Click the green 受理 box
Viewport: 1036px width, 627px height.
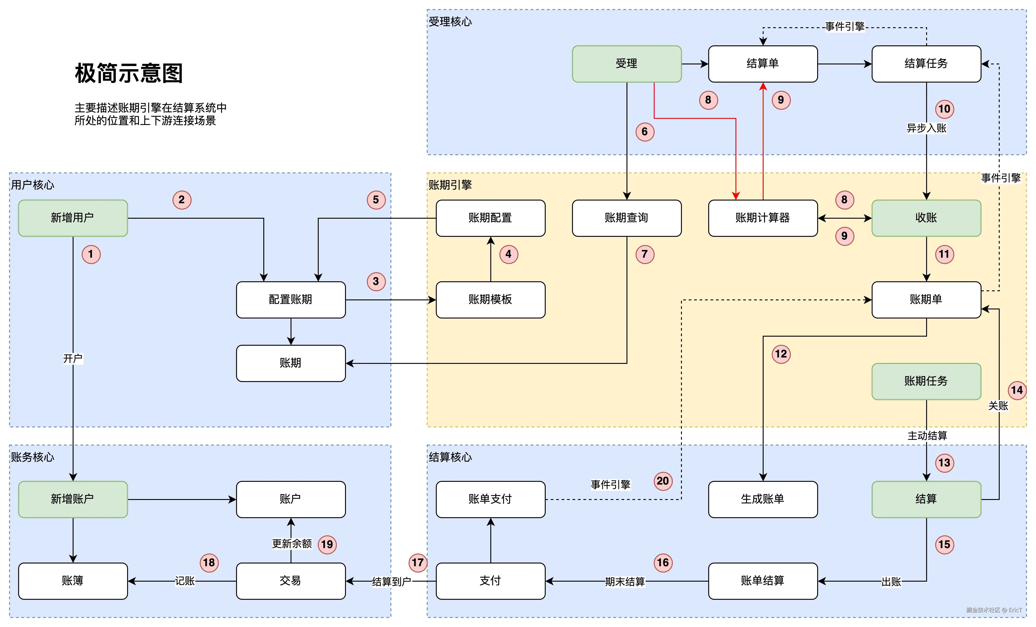(x=627, y=64)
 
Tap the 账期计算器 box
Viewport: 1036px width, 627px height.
(x=763, y=218)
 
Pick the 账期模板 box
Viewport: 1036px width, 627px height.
(x=490, y=300)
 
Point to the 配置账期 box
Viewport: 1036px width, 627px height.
(x=291, y=300)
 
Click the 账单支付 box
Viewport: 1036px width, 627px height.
(x=490, y=499)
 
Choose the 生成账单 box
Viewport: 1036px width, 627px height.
(x=763, y=499)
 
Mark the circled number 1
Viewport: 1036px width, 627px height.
(x=91, y=254)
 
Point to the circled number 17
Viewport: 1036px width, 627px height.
(x=417, y=563)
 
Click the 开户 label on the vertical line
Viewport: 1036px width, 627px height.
(x=73, y=358)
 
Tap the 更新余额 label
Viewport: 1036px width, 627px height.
(x=292, y=544)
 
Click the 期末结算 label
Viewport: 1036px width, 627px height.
(x=625, y=582)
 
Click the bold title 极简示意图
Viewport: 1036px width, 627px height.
(x=129, y=73)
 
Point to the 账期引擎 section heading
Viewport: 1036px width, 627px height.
(x=450, y=185)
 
